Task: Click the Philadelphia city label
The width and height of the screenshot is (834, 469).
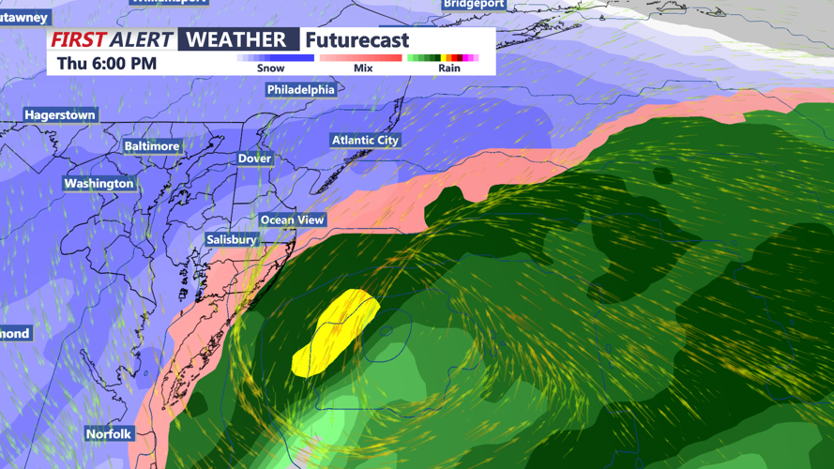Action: point(300,90)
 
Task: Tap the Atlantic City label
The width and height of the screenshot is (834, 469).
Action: point(365,141)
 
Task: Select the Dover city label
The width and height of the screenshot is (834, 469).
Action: point(254,159)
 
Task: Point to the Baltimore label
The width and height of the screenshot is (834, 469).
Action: point(152,146)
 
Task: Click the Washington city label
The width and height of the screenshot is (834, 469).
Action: point(99,184)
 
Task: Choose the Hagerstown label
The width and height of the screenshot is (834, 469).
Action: point(60,115)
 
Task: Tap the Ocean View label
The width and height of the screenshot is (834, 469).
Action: point(293,220)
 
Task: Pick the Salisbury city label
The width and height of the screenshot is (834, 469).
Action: point(232,240)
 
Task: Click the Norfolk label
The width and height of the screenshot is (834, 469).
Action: point(109,434)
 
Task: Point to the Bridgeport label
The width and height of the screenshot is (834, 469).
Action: point(474,5)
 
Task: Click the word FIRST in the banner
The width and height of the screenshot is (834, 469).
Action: point(78,40)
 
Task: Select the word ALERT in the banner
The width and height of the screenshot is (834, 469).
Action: point(141,40)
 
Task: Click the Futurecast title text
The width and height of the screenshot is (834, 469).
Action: point(357,40)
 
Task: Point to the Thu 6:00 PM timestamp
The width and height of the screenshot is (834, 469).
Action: point(107,64)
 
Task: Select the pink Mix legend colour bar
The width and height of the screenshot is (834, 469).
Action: point(361,58)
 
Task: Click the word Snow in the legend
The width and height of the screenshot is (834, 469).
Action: point(270,68)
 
